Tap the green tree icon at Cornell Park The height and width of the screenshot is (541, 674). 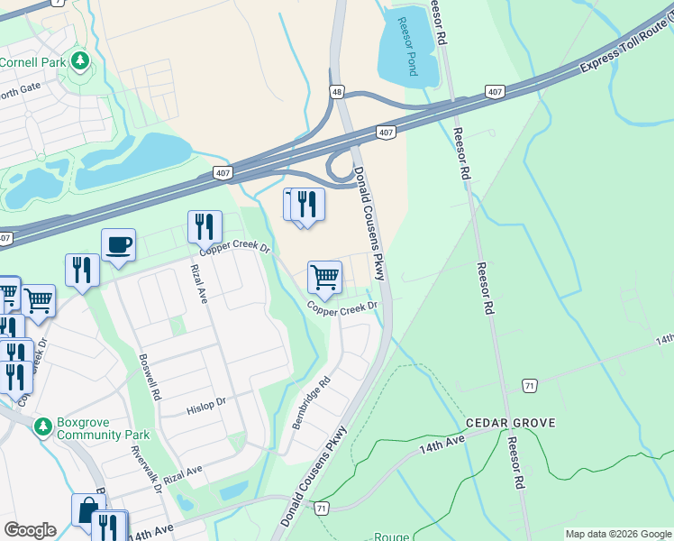tap(81, 61)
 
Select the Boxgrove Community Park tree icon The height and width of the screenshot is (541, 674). tap(41, 425)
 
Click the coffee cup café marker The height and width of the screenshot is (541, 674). tap(118, 245)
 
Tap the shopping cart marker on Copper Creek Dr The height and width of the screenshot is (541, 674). tap(324, 278)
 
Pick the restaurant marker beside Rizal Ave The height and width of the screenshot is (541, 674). tap(205, 226)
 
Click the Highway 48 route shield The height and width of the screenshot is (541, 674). tap(336, 92)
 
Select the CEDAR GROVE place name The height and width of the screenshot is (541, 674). tap(510, 423)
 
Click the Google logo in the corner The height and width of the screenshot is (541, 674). tap(30, 530)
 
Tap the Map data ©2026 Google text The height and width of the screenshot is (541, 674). tap(617, 534)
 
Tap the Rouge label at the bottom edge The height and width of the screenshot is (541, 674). tap(391, 536)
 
